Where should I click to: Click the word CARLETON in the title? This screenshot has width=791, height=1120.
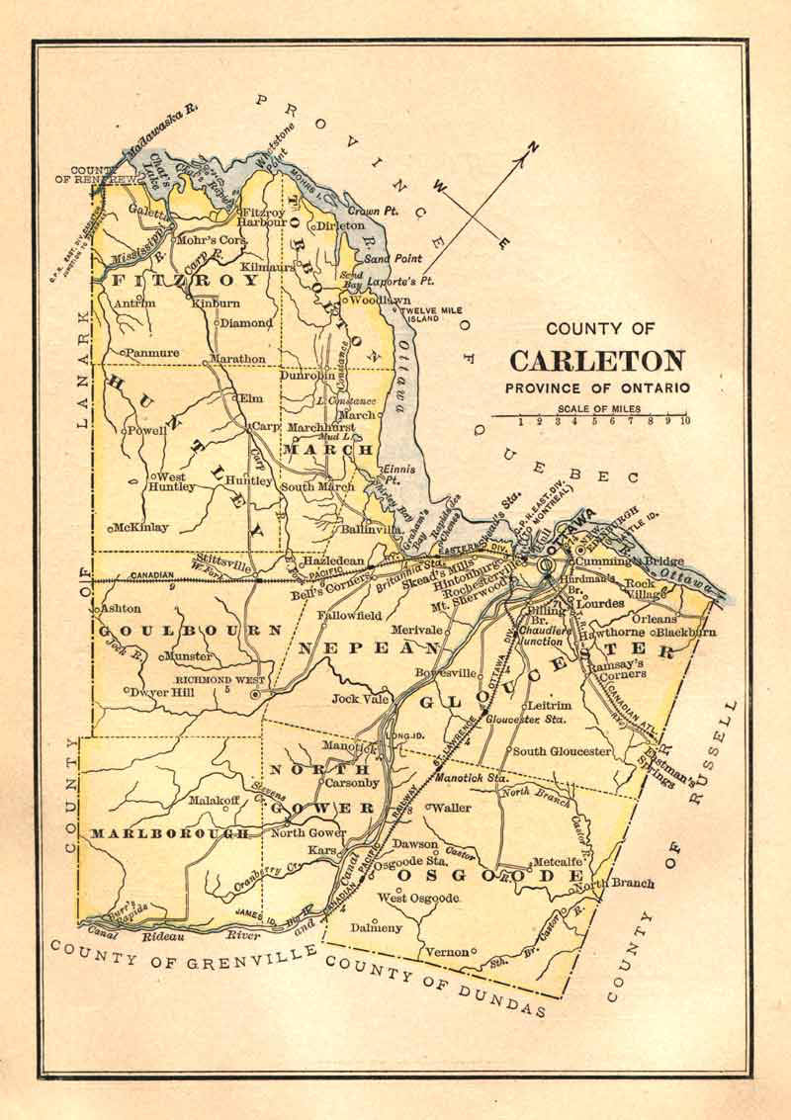597,361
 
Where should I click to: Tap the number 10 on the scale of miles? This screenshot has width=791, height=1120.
684,421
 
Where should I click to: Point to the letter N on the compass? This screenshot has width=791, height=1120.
534,149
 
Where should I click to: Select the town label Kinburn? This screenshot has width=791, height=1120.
217,302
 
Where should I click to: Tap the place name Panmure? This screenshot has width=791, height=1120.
150,352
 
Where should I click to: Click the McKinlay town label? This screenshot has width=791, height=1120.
141,527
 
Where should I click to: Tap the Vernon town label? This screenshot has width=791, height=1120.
446,952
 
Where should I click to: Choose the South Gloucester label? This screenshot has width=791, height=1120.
562,751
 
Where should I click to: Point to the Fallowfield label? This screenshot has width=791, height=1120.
349,615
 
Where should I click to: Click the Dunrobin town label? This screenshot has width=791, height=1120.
308,377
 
